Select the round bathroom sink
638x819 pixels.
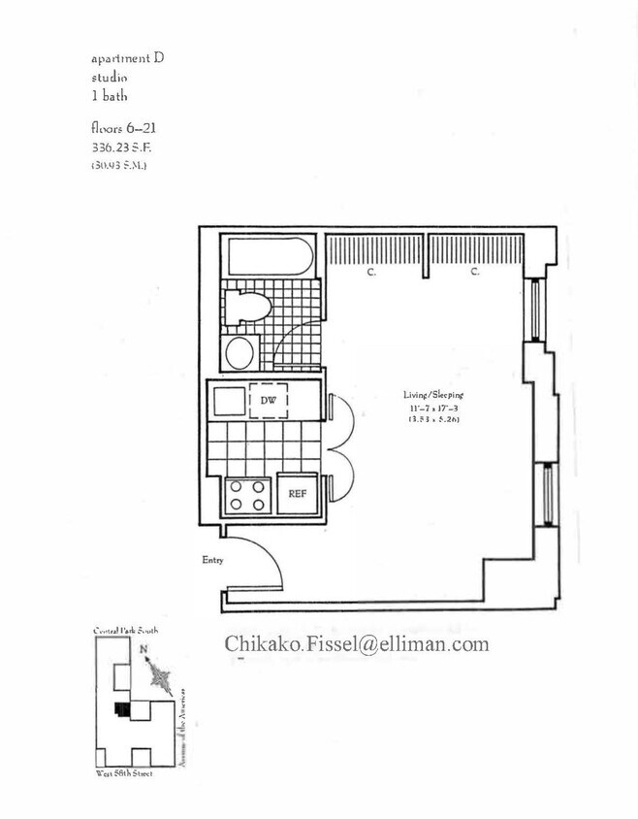(x=239, y=352)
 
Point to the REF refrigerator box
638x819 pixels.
(x=297, y=493)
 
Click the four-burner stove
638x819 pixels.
(x=246, y=495)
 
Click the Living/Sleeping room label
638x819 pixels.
(x=433, y=395)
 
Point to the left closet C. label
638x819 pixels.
(x=371, y=273)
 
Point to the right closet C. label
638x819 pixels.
(x=475, y=273)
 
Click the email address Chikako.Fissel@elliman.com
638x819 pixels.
(x=357, y=643)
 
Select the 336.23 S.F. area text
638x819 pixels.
(x=119, y=147)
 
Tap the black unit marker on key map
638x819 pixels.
(x=120, y=709)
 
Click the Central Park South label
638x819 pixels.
(x=125, y=631)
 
